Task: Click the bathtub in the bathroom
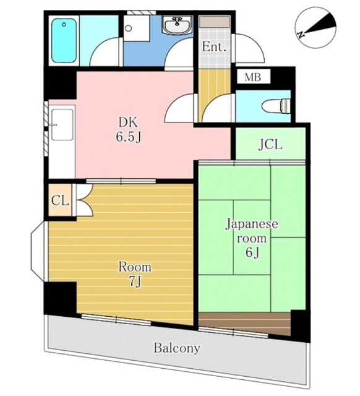tap(64, 40)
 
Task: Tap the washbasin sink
tap(178, 25)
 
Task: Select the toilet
tap(277, 106)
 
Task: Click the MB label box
tap(253, 77)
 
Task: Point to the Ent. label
tap(214, 47)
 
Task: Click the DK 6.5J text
tap(129, 130)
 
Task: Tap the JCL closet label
tap(270, 145)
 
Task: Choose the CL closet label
tap(60, 200)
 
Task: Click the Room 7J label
tap(135, 274)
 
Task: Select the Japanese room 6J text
tap(252, 238)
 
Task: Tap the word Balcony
tap(177, 348)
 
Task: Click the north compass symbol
tap(315, 27)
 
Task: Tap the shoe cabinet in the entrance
tap(215, 22)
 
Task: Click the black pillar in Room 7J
tap(61, 298)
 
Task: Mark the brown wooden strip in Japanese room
tap(244, 324)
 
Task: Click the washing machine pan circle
tap(128, 28)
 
